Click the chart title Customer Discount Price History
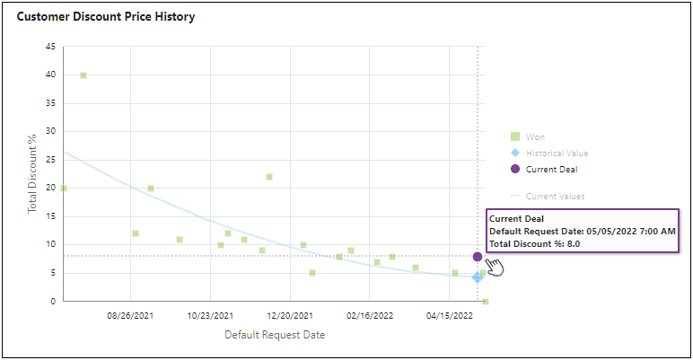coord(106,17)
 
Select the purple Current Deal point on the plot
coord(478,257)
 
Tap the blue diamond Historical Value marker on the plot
coord(478,277)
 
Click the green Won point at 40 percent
coord(83,75)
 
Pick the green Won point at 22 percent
coord(269,177)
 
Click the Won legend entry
coord(535,136)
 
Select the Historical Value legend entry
coord(557,153)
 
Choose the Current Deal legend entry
coord(551,169)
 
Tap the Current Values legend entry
coord(555,196)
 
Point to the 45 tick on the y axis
coord(50,47)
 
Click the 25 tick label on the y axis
coord(50,160)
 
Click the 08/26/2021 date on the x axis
coord(131,315)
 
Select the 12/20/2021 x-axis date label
coord(291,315)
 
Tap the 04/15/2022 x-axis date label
coord(450,315)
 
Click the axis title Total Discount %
coord(32,173)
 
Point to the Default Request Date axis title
coord(275,335)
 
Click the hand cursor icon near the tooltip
coord(494,267)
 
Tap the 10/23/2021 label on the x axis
coord(211,315)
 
